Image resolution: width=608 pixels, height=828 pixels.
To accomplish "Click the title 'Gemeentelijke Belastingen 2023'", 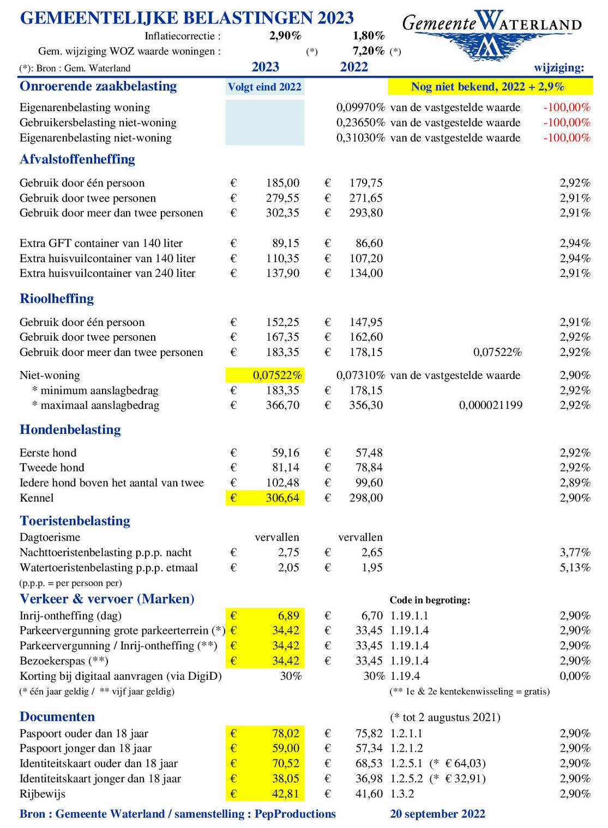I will pos(186,18).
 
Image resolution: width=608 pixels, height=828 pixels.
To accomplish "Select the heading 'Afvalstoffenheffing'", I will pos(77,159).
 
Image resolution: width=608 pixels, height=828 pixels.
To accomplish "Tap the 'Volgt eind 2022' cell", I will pos(264,87).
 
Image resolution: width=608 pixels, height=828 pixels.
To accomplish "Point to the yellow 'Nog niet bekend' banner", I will pos(489,87).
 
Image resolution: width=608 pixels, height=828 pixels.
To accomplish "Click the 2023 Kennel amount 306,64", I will pos(282,498).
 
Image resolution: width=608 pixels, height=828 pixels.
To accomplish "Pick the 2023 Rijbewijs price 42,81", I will pos(285,794).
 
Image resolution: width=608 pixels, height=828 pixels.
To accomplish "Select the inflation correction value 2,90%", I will pos(285,36).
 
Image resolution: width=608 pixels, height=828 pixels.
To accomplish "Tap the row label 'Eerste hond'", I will pos(48,452).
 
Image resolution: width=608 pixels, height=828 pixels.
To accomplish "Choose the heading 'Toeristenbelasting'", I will pos(75,521).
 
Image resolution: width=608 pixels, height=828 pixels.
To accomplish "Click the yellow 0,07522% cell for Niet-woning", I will pos(277,375).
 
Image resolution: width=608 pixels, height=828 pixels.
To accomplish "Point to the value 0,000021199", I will pos(490,405).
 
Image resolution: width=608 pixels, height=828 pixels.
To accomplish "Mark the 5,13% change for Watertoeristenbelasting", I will pos(575,567).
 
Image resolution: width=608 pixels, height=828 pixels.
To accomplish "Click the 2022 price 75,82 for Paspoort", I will pos(369,733).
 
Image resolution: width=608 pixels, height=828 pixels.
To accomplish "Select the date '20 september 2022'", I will pos(437,814).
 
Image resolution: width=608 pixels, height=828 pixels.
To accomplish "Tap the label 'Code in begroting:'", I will pos(430,600).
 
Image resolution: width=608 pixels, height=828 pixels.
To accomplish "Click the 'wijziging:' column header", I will pos(559,68).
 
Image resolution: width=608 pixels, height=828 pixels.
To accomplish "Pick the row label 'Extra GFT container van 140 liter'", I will pos(101,243).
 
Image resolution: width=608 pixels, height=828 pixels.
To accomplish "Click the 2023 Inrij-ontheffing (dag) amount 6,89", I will pos(288,615).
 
